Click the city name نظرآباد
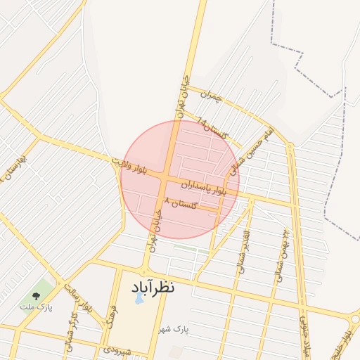tap(153, 287)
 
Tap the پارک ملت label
tap(36, 307)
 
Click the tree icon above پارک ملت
tap(37, 295)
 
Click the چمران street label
tap(210, 96)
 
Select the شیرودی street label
tap(117, 349)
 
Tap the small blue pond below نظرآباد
tap(139, 298)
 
